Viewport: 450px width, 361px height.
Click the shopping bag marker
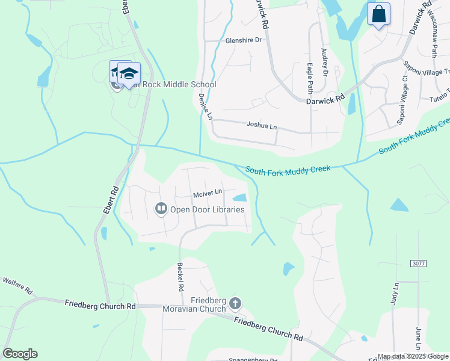click(x=379, y=14)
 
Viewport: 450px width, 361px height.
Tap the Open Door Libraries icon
click(x=161, y=209)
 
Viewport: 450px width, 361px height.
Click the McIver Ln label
click(x=208, y=193)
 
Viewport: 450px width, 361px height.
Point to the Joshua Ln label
click(x=262, y=126)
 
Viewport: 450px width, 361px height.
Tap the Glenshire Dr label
click(x=244, y=40)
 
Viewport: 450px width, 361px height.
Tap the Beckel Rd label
click(x=180, y=277)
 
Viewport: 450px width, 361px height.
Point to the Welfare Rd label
click(x=16, y=282)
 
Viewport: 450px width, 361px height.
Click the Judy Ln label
click(x=395, y=295)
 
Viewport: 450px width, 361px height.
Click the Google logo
click(x=20, y=354)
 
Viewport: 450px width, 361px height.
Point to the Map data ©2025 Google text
click(x=413, y=357)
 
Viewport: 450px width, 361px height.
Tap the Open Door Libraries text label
click(x=207, y=209)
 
